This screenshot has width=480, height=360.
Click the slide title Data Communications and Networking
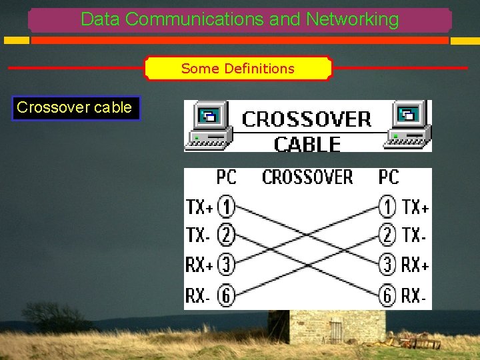[240, 19]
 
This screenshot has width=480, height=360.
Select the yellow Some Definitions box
[238, 69]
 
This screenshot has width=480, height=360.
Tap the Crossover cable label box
[75, 107]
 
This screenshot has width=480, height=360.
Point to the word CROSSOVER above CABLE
[306, 120]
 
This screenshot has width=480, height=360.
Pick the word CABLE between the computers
[307, 143]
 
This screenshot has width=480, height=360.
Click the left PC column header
[226, 177]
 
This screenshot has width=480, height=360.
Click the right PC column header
[388, 177]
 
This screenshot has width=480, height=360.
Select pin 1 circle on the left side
[227, 208]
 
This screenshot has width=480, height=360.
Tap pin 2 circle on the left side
[227, 236]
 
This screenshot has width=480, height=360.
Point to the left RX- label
[198, 295]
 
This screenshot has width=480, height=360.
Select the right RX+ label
[415, 265]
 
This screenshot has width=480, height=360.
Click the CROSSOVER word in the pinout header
[307, 177]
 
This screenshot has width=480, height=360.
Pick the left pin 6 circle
[227, 295]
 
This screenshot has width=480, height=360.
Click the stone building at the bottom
[327, 327]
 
